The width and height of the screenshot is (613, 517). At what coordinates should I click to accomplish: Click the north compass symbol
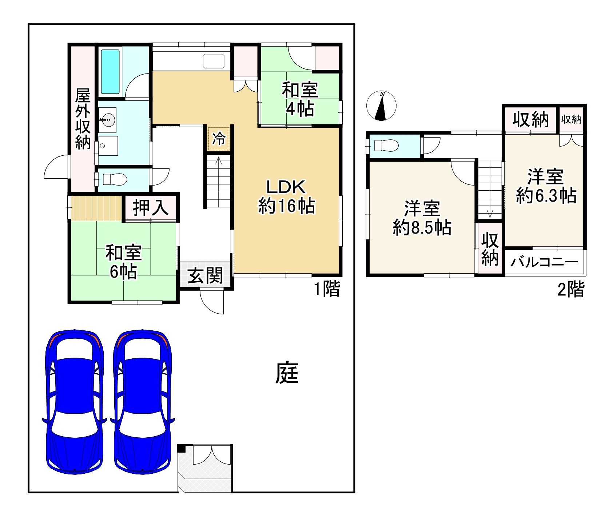click(x=381, y=106)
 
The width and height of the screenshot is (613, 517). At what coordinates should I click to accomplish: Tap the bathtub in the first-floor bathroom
click(x=110, y=72)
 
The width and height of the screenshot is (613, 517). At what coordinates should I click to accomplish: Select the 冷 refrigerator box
click(x=219, y=139)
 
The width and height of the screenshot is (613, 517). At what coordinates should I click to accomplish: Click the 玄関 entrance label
click(x=205, y=276)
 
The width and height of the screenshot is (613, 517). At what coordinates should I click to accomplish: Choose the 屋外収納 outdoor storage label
click(x=83, y=119)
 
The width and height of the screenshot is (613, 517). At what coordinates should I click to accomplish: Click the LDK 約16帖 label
click(x=286, y=197)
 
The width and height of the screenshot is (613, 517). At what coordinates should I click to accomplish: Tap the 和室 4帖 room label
click(x=300, y=99)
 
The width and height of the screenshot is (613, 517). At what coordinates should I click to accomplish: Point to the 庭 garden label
click(x=287, y=373)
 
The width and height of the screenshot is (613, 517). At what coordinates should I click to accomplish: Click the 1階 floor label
click(x=327, y=289)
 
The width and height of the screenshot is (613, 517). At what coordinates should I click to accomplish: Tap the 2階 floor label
click(x=571, y=290)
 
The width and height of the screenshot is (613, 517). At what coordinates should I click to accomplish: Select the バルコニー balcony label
click(x=544, y=262)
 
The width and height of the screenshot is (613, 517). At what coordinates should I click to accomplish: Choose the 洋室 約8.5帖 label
click(x=422, y=218)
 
